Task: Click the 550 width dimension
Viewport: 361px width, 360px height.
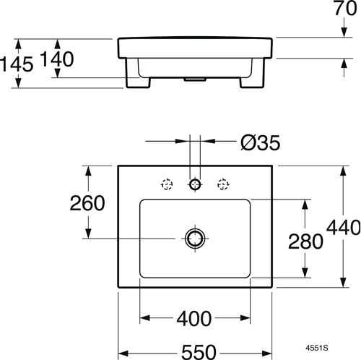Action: [x=199, y=352]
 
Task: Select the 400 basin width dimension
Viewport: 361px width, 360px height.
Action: [x=194, y=319]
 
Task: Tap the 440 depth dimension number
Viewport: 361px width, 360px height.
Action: [x=344, y=228]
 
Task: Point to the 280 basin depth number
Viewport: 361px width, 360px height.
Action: [x=305, y=241]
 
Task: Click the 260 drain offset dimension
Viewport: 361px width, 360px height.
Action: [x=87, y=203]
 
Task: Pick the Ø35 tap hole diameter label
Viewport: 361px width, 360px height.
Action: [x=261, y=142]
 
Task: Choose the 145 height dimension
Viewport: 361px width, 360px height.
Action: [x=17, y=64]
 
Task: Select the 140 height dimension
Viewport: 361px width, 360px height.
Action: [x=57, y=59]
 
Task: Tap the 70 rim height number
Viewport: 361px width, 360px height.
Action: [x=346, y=8]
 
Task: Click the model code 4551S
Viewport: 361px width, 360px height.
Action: [x=317, y=348]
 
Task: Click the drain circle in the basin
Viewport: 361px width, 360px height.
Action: [x=195, y=239]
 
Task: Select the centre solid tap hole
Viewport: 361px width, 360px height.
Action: [x=195, y=184]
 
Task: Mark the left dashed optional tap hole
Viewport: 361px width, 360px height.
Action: [x=167, y=184]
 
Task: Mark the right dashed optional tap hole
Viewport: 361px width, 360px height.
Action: [x=223, y=184]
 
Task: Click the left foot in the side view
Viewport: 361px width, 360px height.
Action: [x=138, y=82]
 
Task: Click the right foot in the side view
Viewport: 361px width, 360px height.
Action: [x=252, y=82]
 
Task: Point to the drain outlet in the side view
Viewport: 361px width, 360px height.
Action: [x=195, y=79]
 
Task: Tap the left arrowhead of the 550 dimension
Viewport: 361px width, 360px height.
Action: [x=123, y=353]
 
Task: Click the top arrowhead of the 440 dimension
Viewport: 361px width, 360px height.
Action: [x=344, y=171]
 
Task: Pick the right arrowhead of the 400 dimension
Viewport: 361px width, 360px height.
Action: [x=245, y=318]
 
